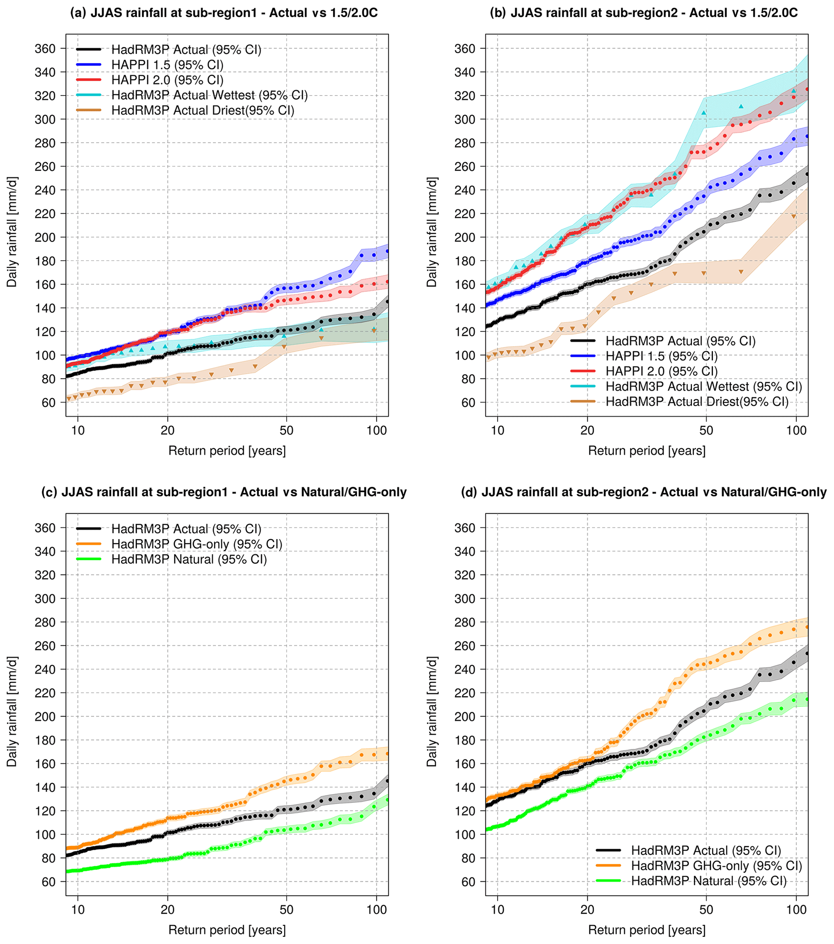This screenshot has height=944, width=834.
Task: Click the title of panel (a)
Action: point(224,13)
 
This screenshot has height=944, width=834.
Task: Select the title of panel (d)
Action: point(644,492)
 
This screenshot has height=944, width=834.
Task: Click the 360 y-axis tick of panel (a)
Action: point(45,48)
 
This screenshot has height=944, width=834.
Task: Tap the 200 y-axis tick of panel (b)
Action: point(464,238)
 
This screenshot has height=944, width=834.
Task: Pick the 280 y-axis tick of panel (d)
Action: point(464,622)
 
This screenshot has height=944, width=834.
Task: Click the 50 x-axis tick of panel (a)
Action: point(286,430)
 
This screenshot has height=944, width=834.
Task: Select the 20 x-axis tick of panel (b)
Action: point(587,430)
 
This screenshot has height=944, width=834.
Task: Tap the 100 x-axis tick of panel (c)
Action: point(376,910)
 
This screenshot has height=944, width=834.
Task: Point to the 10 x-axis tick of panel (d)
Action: point(497,910)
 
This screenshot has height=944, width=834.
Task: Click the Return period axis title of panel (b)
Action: point(646,451)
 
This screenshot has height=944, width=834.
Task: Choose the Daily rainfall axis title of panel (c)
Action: point(12,711)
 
